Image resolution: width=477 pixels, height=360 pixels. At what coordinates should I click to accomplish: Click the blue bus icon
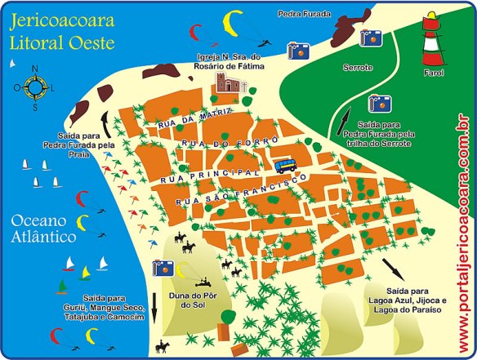click(x=285, y=166)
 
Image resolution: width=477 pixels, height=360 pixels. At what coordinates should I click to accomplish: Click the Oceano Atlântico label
click(x=43, y=229)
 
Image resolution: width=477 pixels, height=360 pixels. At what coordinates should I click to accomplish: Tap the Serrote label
click(x=358, y=66)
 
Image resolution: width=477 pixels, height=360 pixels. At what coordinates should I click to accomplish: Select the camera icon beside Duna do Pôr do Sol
click(x=163, y=267)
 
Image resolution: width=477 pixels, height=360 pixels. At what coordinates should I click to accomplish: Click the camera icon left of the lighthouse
click(x=372, y=38)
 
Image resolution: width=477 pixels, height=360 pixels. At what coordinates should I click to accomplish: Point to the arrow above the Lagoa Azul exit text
click(x=393, y=267)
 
